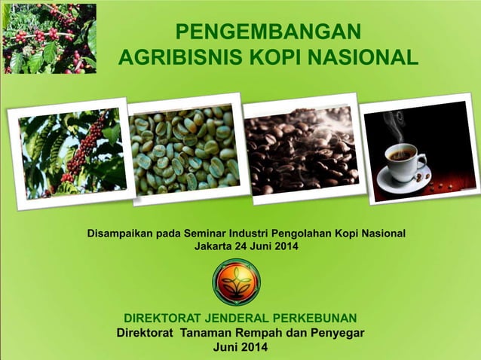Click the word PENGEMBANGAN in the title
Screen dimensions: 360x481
pos(267,32)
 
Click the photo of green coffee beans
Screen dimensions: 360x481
pos(185,149)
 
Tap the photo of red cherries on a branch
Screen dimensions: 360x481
pos(72,154)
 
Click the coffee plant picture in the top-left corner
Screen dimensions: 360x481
pos(48,38)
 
